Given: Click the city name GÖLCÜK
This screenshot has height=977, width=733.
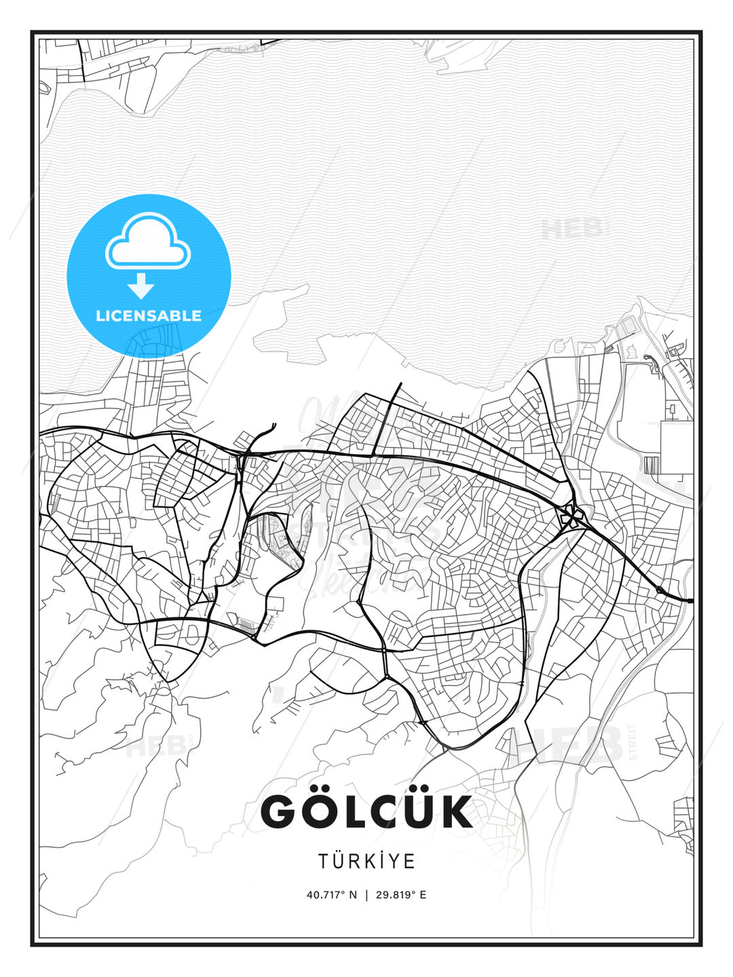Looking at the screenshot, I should click(366, 811).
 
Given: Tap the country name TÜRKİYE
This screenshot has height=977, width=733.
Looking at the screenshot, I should click(366, 861).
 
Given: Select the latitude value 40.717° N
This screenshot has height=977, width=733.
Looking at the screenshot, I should click(331, 895).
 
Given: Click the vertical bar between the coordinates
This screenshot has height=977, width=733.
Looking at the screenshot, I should click(366, 895).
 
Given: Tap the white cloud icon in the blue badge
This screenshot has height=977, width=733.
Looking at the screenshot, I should click(148, 244).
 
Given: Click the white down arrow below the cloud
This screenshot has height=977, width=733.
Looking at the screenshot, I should click(141, 286).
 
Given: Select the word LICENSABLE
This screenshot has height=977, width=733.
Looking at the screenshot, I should click(149, 315).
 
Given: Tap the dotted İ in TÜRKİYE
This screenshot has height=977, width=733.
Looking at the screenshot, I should click(378, 861).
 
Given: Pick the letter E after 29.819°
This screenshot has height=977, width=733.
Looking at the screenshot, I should click(423, 895).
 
